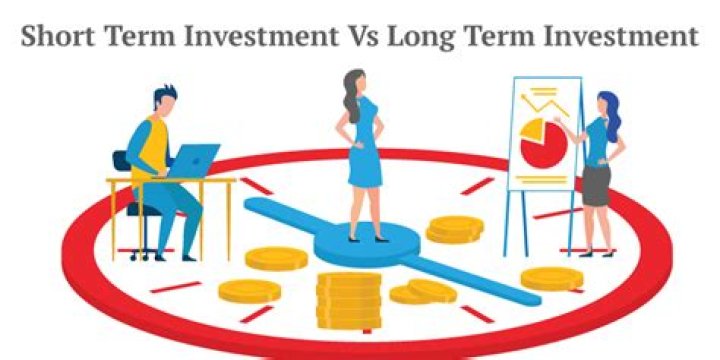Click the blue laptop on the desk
(194, 160)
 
